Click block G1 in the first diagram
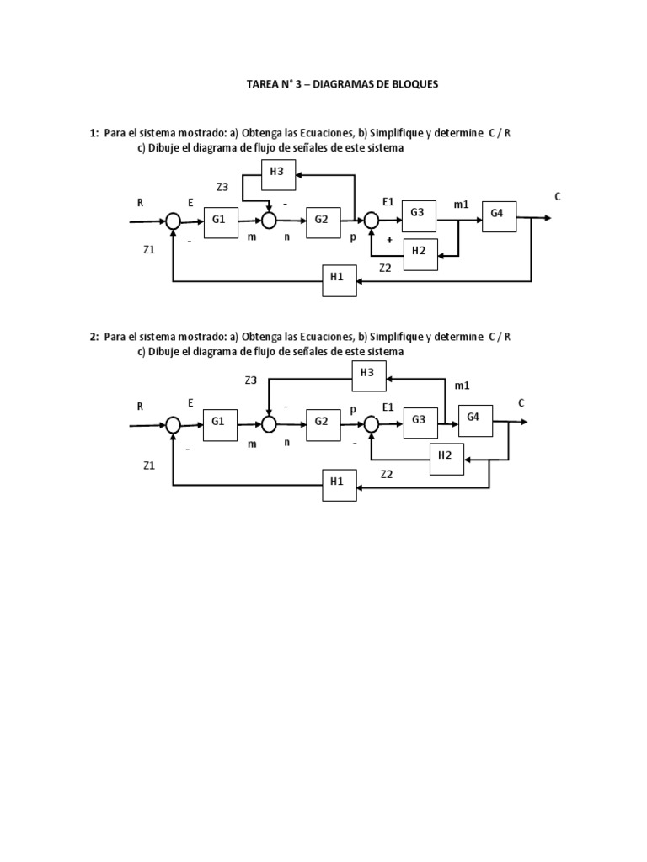[x=221, y=221]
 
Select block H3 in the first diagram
[x=277, y=174]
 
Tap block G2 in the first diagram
[x=323, y=221]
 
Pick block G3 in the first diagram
[x=418, y=215]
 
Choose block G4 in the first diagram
[x=498, y=215]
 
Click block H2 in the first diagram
[x=420, y=254]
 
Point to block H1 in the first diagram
[x=340, y=280]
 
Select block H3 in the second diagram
[x=368, y=375]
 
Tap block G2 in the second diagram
[x=322, y=422]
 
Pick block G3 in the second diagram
[x=419, y=422]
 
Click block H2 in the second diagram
[x=446, y=457]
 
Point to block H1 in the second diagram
[x=339, y=483]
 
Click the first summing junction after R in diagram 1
[x=173, y=221]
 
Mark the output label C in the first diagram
[x=557, y=197]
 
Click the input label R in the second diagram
[x=140, y=406]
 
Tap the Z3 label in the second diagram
[x=250, y=380]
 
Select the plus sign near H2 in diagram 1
[x=389, y=240]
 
